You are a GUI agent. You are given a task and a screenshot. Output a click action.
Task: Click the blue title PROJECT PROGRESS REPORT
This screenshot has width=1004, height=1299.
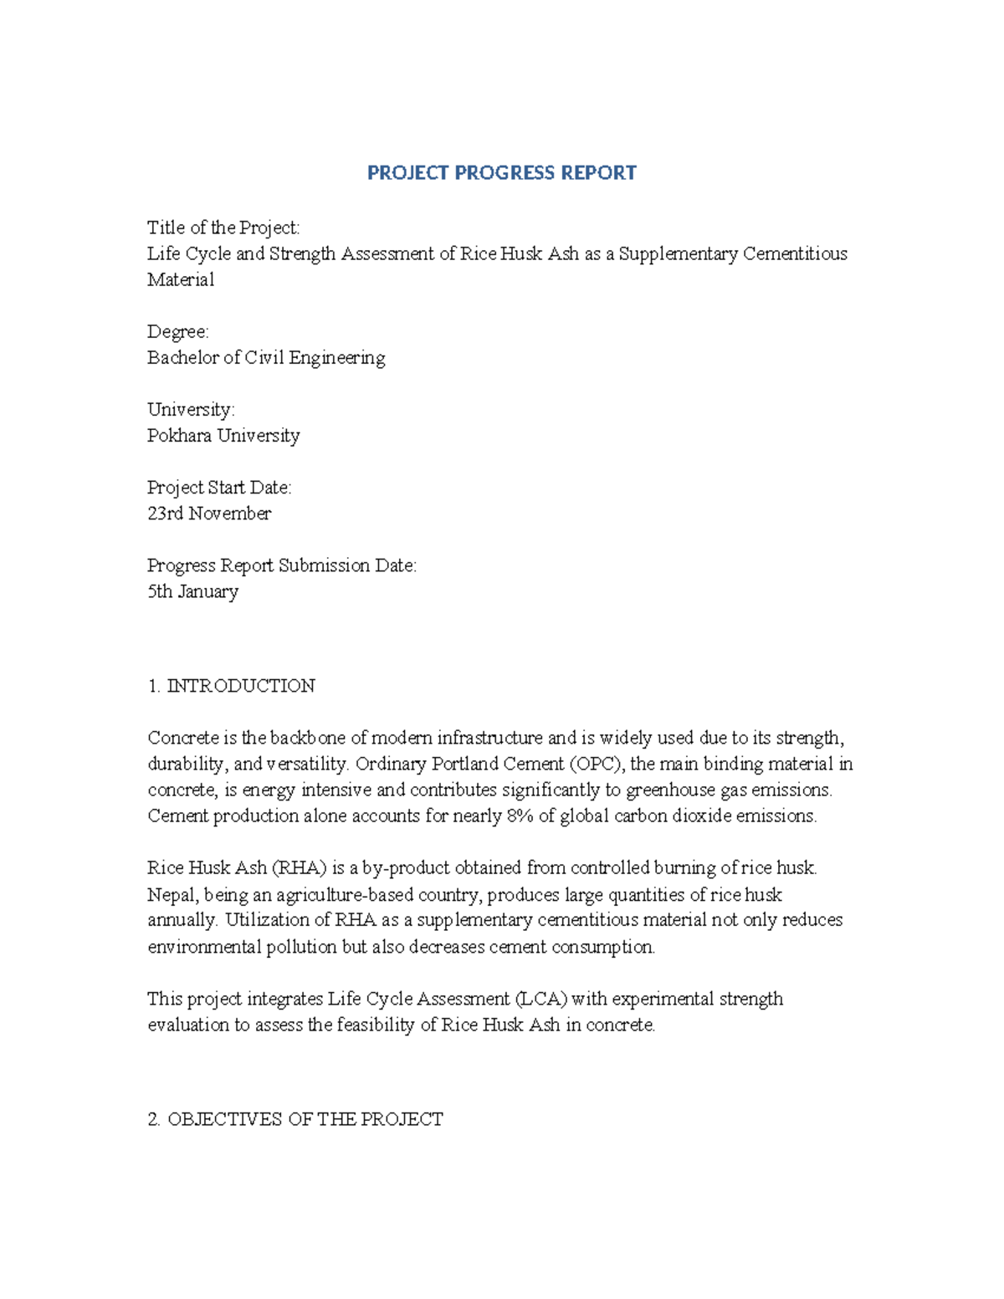(501, 173)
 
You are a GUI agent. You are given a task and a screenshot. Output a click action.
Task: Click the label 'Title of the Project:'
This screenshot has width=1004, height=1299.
(223, 228)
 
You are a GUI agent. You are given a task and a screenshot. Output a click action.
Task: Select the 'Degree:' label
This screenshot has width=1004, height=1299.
(177, 332)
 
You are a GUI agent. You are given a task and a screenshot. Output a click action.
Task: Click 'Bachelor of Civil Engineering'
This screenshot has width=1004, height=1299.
(266, 358)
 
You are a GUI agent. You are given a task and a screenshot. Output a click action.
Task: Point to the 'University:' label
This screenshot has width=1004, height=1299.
(191, 410)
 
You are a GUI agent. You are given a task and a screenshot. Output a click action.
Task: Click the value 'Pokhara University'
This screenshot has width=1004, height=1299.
(223, 436)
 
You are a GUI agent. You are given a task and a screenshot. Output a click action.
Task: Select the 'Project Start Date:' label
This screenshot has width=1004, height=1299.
(219, 488)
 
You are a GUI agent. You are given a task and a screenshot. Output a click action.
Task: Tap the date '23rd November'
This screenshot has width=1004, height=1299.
(209, 514)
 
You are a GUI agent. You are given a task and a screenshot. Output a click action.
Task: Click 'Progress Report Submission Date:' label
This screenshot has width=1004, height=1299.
(281, 565)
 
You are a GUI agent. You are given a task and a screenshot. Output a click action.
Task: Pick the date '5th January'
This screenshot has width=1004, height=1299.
(193, 591)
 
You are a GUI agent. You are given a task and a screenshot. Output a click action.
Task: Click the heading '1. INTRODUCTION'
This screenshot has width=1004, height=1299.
(232, 686)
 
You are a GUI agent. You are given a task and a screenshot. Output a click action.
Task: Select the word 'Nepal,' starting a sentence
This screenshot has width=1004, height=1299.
(173, 894)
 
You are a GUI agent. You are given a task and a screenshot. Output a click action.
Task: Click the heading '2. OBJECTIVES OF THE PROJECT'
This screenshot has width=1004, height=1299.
(295, 1119)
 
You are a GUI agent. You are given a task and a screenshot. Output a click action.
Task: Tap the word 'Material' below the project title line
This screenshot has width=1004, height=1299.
(181, 280)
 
